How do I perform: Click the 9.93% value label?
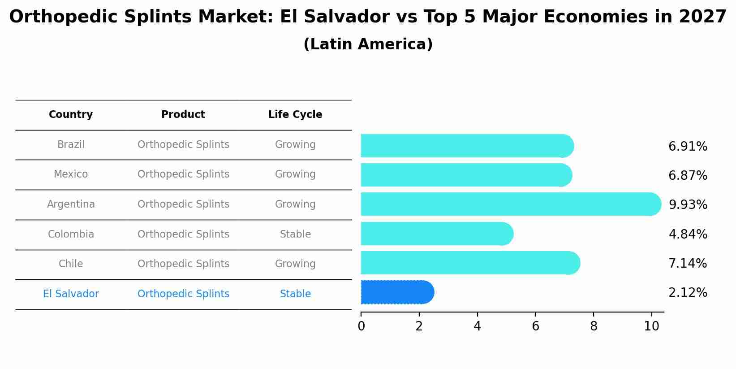click(688, 205)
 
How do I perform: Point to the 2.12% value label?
click(688, 293)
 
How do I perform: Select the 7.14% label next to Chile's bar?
click(688, 264)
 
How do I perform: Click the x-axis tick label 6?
click(535, 326)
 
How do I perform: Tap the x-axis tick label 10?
click(651, 326)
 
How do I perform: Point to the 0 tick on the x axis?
click(361, 326)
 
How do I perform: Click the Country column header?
click(71, 115)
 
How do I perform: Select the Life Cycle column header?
click(295, 115)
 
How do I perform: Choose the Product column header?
click(183, 115)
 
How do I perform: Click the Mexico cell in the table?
click(71, 174)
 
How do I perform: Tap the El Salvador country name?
click(71, 294)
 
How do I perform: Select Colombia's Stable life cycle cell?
click(295, 234)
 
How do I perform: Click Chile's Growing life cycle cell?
click(295, 264)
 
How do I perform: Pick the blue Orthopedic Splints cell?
click(183, 294)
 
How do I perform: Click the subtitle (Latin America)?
click(368, 44)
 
